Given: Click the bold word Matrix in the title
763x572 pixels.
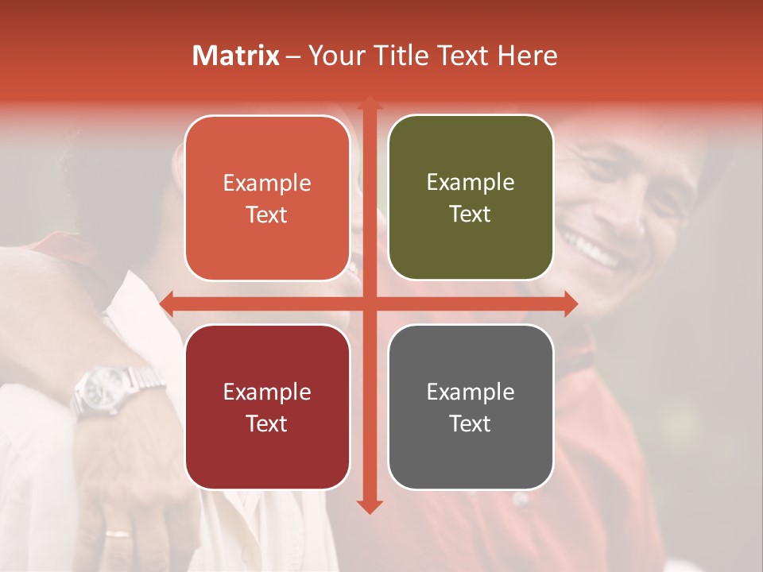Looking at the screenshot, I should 236,56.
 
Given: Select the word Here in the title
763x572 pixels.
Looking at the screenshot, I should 528,56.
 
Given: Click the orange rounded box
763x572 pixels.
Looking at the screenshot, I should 267,198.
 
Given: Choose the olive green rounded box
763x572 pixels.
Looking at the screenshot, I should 471,198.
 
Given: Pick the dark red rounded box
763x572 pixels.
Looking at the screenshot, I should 267,407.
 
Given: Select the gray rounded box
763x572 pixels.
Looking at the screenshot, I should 471,407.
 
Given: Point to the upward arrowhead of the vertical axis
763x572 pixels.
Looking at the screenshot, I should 369,102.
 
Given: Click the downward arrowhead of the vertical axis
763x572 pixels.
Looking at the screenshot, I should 369,507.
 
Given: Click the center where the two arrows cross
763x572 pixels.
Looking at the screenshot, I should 369,303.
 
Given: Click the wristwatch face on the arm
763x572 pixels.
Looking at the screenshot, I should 102,388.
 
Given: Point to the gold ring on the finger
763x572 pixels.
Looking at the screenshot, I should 118,534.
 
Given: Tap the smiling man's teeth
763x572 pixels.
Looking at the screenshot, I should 588,246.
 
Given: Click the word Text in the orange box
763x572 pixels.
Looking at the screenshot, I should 267,214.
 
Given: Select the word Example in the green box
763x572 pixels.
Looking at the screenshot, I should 471,182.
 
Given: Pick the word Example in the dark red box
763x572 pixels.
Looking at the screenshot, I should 267,392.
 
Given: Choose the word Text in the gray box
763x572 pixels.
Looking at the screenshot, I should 471,423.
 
